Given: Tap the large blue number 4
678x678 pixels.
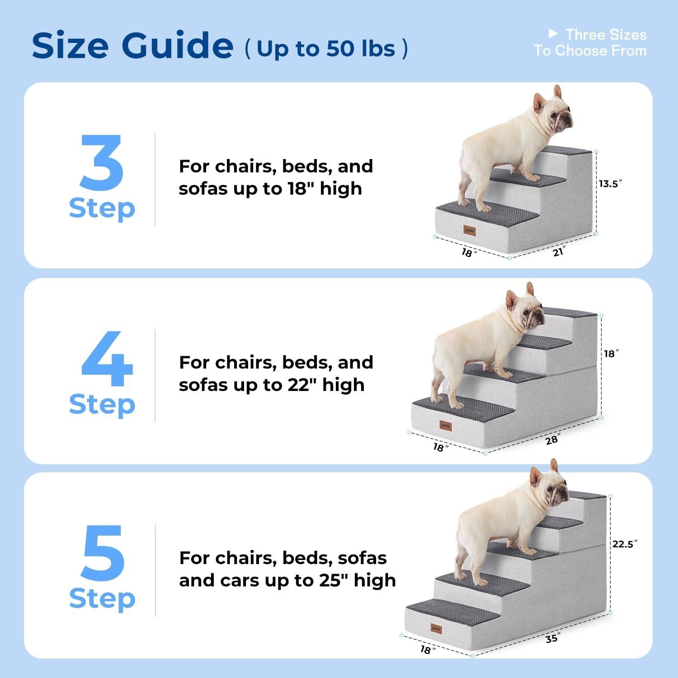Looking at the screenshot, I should (107, 359).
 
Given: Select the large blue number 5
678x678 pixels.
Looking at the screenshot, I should (103, 553).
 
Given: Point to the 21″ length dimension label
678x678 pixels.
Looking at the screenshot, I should (559, 251).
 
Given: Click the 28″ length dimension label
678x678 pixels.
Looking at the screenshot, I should (552, 439).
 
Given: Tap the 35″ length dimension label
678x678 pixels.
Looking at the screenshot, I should (552, 638).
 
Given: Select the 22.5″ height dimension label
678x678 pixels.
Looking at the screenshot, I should (624, 544).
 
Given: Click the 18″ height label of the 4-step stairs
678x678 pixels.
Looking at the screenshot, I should (611, 353).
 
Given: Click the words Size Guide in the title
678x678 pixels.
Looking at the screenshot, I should (132, 46).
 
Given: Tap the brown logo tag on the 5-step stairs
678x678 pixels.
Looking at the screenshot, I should (436, 629).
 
